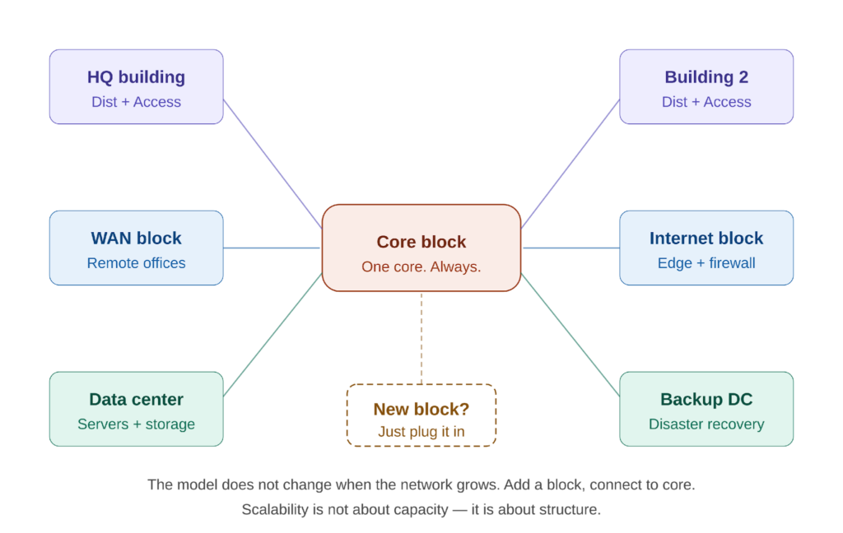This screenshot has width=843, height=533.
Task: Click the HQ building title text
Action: tap(136, 77)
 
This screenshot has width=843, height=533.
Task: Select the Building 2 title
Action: tap(706, 77)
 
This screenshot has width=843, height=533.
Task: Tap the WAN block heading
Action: tap(136, 239)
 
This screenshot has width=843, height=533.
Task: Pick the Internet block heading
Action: tap(706, 239)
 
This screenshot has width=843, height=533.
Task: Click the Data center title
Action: tap(136, 400)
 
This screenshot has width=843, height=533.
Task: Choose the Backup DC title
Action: tap(706, 400)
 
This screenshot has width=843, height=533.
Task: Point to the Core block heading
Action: tap(421, 242)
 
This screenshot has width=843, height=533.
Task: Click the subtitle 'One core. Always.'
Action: tap(421, 266)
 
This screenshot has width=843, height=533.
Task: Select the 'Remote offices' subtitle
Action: tap(136, 263)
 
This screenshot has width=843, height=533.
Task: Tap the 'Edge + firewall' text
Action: tap(706, 263)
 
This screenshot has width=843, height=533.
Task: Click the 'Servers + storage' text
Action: tap(136, 424)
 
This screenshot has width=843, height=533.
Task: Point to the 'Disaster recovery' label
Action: tap(706, 424)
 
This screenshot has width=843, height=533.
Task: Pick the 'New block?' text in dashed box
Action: tap(421, 409)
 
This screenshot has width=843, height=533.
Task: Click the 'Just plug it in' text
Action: tap(421, 432)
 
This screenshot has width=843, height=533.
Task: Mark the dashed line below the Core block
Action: tap(421, 337)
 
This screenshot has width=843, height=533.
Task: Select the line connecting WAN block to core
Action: tap(272, 247)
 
